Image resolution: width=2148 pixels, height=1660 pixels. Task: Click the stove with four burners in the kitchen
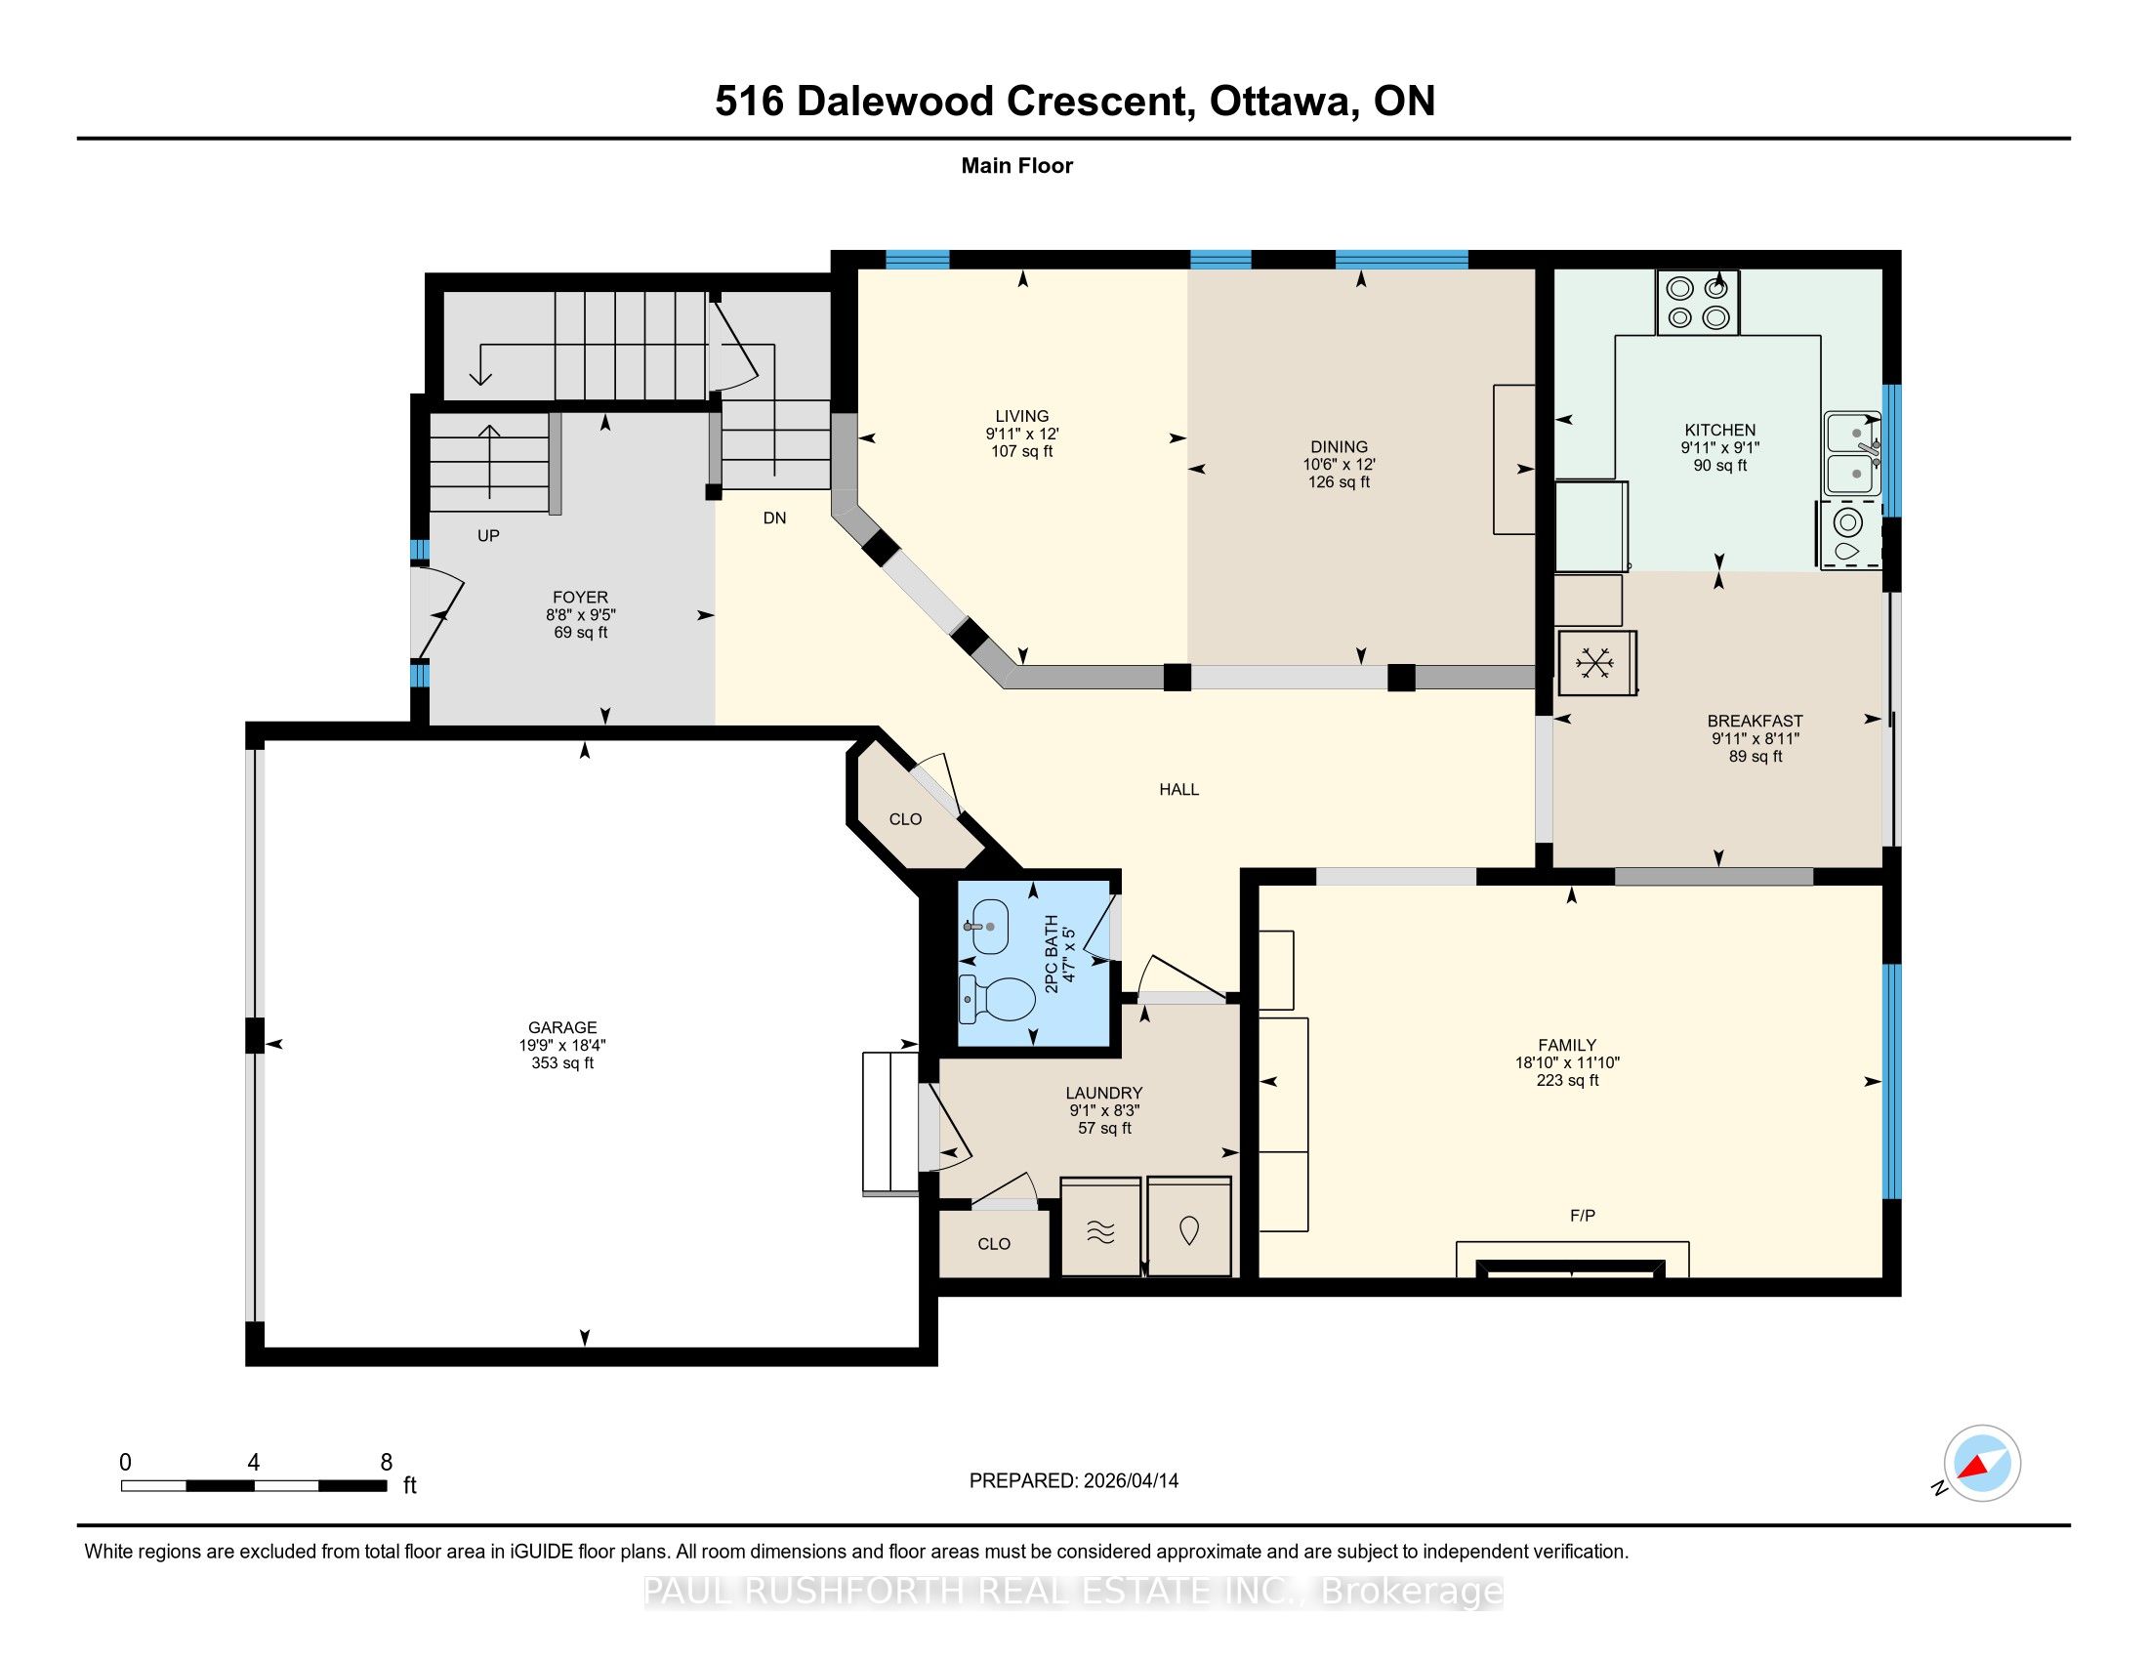pos(1698,302)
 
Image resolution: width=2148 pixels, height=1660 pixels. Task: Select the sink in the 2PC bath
pos(988,927)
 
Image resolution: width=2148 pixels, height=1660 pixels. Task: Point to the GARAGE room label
pos(562,1027)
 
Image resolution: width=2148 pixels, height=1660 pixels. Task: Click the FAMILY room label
pos(1568,1046)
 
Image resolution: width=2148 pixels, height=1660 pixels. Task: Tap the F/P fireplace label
pos(1583,1216)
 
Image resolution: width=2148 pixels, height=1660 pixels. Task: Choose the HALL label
pos(1179,789)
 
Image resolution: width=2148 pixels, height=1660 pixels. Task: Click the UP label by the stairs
pos(489,536)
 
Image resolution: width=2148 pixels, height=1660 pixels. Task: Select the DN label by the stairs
pos(775,519)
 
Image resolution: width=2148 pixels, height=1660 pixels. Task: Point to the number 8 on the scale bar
pos(387,1462)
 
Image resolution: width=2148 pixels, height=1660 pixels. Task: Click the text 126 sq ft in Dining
pos(1339,481)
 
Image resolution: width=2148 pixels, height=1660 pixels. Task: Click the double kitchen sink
pos(1853,453)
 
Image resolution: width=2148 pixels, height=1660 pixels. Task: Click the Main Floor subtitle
pos(1017,166)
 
